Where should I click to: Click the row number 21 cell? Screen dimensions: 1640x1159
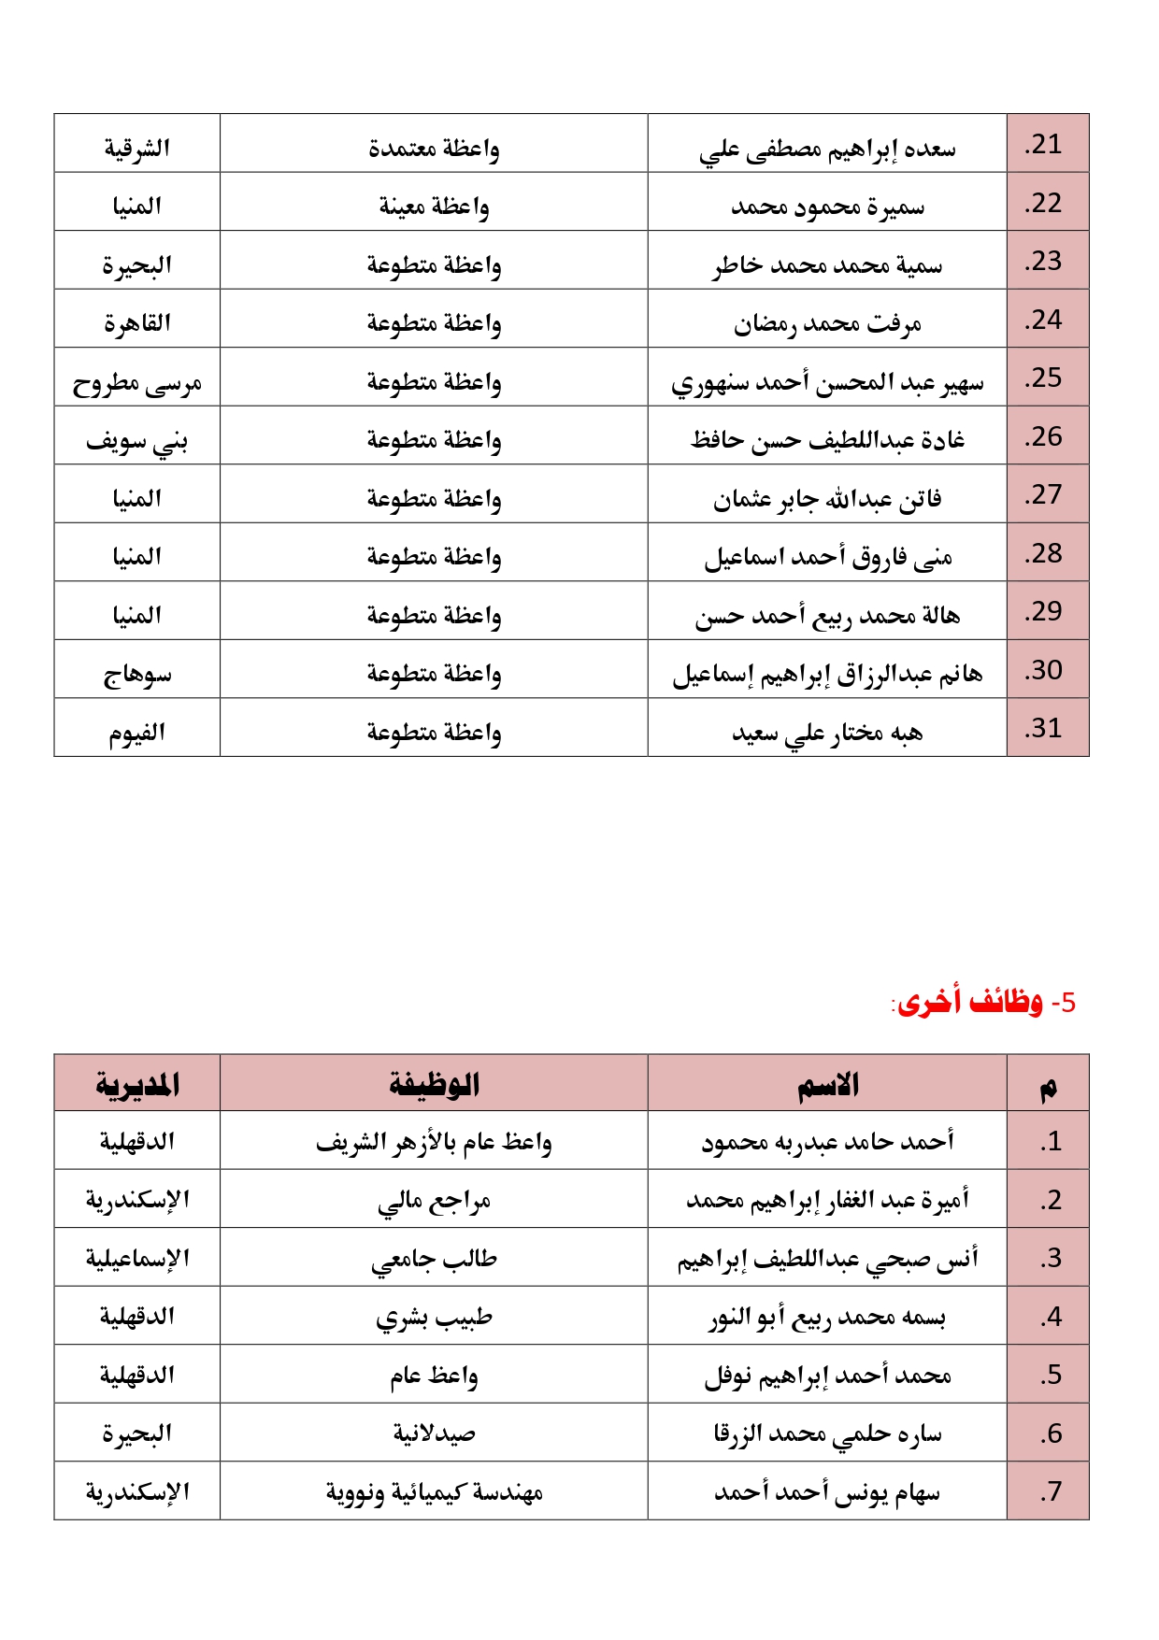click(x=1047, y=145)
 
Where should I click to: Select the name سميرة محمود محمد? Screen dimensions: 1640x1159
click(x=827, y=206)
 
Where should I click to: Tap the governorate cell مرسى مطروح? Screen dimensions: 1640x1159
click(x=137, y=382)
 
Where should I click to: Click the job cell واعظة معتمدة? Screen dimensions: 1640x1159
click(x=434, y=148)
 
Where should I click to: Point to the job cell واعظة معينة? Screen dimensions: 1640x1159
click(x=434, y=206)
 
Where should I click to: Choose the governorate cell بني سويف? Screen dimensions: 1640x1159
click(x=137, y=440)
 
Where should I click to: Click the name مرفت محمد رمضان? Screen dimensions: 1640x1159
click(x=827, y=323)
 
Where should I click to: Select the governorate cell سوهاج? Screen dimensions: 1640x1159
click(x=137, y=674)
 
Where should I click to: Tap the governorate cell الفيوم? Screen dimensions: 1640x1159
click(x=137, y=732)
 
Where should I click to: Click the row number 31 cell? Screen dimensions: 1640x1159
click(x=1047, y=728)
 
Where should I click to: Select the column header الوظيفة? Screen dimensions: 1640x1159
click(x=434, y=1084)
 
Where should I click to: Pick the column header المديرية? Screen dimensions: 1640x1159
click(x=137, y=1084)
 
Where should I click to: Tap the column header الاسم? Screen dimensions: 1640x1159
click(x=827, y=1084)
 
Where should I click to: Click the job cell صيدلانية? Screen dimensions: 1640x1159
click(x=434, y=1433)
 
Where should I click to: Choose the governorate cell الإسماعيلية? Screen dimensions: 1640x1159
click(x=137, y=1259)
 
